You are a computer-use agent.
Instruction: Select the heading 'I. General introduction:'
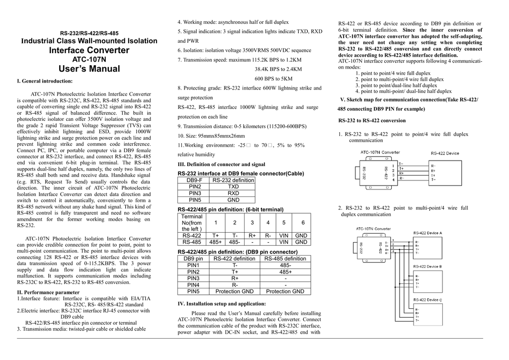click(x=45, y=81)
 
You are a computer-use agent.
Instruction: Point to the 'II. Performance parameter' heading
click(x=48, y=292)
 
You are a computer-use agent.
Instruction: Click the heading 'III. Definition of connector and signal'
click(x=221, y=164)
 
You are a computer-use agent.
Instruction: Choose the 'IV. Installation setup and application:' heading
click(x=222, y=303)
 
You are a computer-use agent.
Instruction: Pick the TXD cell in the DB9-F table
click(x=233, y=186)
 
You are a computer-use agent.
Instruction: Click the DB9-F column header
click(x=194, y=180)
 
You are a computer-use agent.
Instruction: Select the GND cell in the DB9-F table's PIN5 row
click(x=233, y=200)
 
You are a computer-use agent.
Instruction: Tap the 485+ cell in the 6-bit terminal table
click(x=215, y=242)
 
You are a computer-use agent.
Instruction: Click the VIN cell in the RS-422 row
click(x=283, y=236)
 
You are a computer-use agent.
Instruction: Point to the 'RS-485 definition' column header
click(x=285, y=259)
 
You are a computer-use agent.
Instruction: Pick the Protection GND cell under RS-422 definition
click(x=234, y=291)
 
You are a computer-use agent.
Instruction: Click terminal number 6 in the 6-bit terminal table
click(x=303, y=223)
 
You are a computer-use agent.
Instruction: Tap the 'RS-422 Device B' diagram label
click(x=427, y=267)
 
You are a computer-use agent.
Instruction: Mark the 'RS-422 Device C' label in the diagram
click(x=427, y=300)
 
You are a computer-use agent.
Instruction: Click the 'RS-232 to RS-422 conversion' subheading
click(x=372, y=120)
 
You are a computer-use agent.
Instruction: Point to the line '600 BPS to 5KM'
click(x=273, y=79)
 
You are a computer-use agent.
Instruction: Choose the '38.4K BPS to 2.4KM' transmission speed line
click(x=278, y=69)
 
